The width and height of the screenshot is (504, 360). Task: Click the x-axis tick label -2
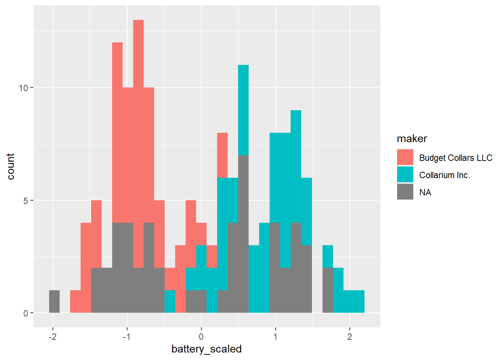coord(52,337)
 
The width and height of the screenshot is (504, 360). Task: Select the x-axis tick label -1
coord(127,337)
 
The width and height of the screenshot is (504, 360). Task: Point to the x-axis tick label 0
coord(201,337)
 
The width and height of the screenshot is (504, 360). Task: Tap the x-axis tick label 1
coord(276,337)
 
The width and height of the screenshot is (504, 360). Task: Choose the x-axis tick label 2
coord(349,337)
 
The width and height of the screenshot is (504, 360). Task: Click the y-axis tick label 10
coord(24,88)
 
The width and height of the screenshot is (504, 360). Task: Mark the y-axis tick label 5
coord(26,201)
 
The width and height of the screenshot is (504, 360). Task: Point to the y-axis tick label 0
coord(26,313)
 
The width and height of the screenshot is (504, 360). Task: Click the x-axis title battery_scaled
coord(207,349)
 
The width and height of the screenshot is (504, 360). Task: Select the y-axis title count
coord(10,166)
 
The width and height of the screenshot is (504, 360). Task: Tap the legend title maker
coord(412,139)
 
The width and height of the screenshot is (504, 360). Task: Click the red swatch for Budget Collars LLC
coord(405,157)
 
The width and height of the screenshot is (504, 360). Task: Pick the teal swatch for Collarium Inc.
coord(405,175)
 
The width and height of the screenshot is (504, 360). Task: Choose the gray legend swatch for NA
coord(405,192)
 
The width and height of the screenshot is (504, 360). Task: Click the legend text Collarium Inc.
coord(444,175)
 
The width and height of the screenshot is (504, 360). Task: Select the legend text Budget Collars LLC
coord(456,158)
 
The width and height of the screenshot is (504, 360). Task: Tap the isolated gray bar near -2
coord(54,301)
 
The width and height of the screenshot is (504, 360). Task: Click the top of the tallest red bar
coord(138,21)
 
